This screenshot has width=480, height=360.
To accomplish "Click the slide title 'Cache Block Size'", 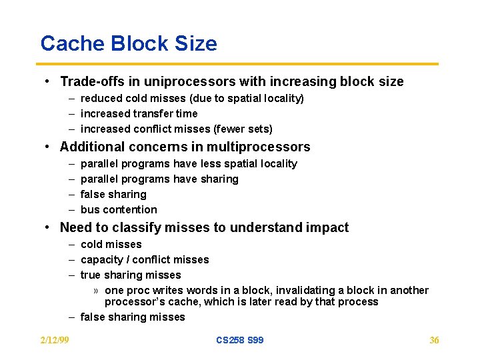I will click(129, 43).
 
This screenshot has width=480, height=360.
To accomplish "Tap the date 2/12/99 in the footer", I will click(55, 340).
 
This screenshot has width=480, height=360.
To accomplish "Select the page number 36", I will click(434, 340).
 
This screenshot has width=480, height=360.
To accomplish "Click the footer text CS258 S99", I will click(239, 340).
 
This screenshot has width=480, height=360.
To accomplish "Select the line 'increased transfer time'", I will click(139, 113).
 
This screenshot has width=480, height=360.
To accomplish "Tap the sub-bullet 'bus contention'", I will click(119, 209).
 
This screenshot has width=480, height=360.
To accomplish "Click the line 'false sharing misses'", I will click(133, 317).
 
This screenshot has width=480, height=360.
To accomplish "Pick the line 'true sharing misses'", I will click(131, 275).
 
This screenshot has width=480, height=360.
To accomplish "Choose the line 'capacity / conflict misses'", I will click(145, 259).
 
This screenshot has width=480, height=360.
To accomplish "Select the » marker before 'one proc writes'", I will click(97, 291).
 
